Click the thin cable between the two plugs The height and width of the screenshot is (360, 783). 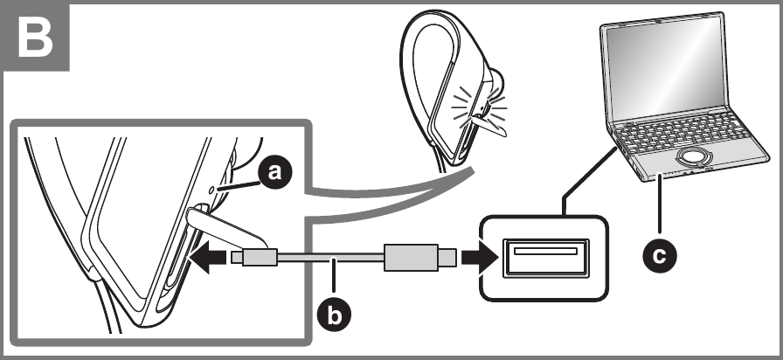(332, 258)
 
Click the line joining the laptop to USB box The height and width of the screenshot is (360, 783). (586, 179)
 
